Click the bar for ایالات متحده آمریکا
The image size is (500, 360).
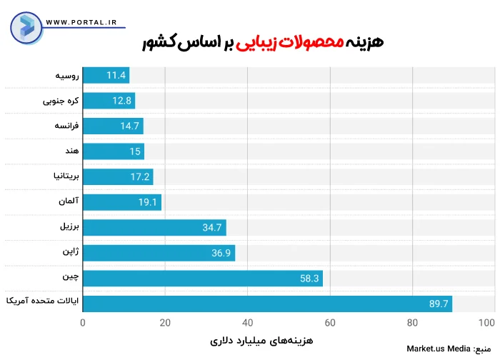[x=268, y=304]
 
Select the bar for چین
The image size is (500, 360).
[x=203, y=279]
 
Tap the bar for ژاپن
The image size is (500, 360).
[x=159, y=254]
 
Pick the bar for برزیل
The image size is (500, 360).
[x=154, y=228]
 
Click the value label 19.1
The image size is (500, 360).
[x=147, y=203]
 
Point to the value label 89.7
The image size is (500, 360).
[x=439, y=304]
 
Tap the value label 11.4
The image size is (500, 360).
[x=116, y=75]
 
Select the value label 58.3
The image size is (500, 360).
[x=309, y=279]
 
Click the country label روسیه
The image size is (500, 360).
[x=66, y=75]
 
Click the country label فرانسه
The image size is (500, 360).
[x=65, y=126]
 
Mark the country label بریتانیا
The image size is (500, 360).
[x=64, y=177]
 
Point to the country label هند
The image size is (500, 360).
[x=71, y=151]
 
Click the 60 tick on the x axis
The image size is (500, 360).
[x=331, y=323]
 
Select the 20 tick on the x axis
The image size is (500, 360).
[x=166, y=323]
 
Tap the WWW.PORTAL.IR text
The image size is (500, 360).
[x=81, y=22]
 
